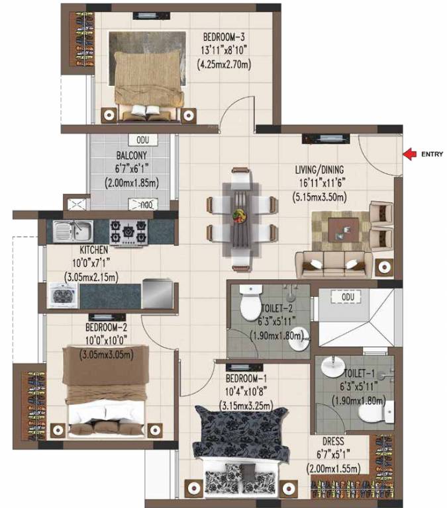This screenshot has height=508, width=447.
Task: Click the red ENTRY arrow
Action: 409,155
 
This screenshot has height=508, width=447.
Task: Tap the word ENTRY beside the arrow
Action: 431,155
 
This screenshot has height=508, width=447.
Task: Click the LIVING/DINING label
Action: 323,169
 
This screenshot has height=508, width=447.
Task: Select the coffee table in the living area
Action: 343,229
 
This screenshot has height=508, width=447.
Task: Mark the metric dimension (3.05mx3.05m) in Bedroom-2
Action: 107,355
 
